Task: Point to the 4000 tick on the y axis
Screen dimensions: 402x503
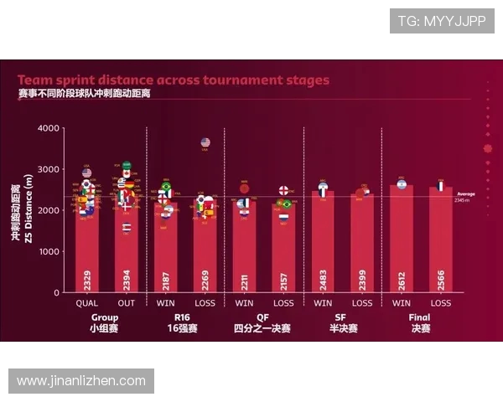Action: (x=49, y=128)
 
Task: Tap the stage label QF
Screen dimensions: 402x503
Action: (x=263, y=317)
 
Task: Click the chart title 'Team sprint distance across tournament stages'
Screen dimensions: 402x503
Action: (x=174, y=80)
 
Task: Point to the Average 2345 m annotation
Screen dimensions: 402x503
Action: (x=466, y=197)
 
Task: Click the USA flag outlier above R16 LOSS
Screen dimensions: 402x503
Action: (x=205, y=143)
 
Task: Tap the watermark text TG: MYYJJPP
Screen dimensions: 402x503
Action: (x=441, y=21)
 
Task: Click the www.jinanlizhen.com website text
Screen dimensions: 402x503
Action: (x=81, y=381)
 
